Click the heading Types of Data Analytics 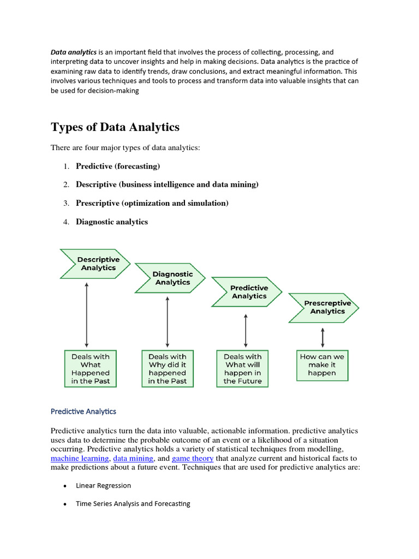click(115, 127)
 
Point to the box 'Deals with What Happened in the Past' click(91, 368)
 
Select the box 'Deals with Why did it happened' click(167, 368)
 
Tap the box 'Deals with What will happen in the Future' click(242, 368)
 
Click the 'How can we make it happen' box click(322, 365)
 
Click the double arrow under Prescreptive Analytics click(323, 337)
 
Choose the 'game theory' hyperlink click(193, 459)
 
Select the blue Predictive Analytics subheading click(83, 411)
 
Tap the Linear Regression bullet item click(103, 485)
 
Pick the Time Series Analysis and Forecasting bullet click(133, 504)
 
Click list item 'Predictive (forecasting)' click(118, 166)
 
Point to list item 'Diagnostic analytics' click(111, 222)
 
